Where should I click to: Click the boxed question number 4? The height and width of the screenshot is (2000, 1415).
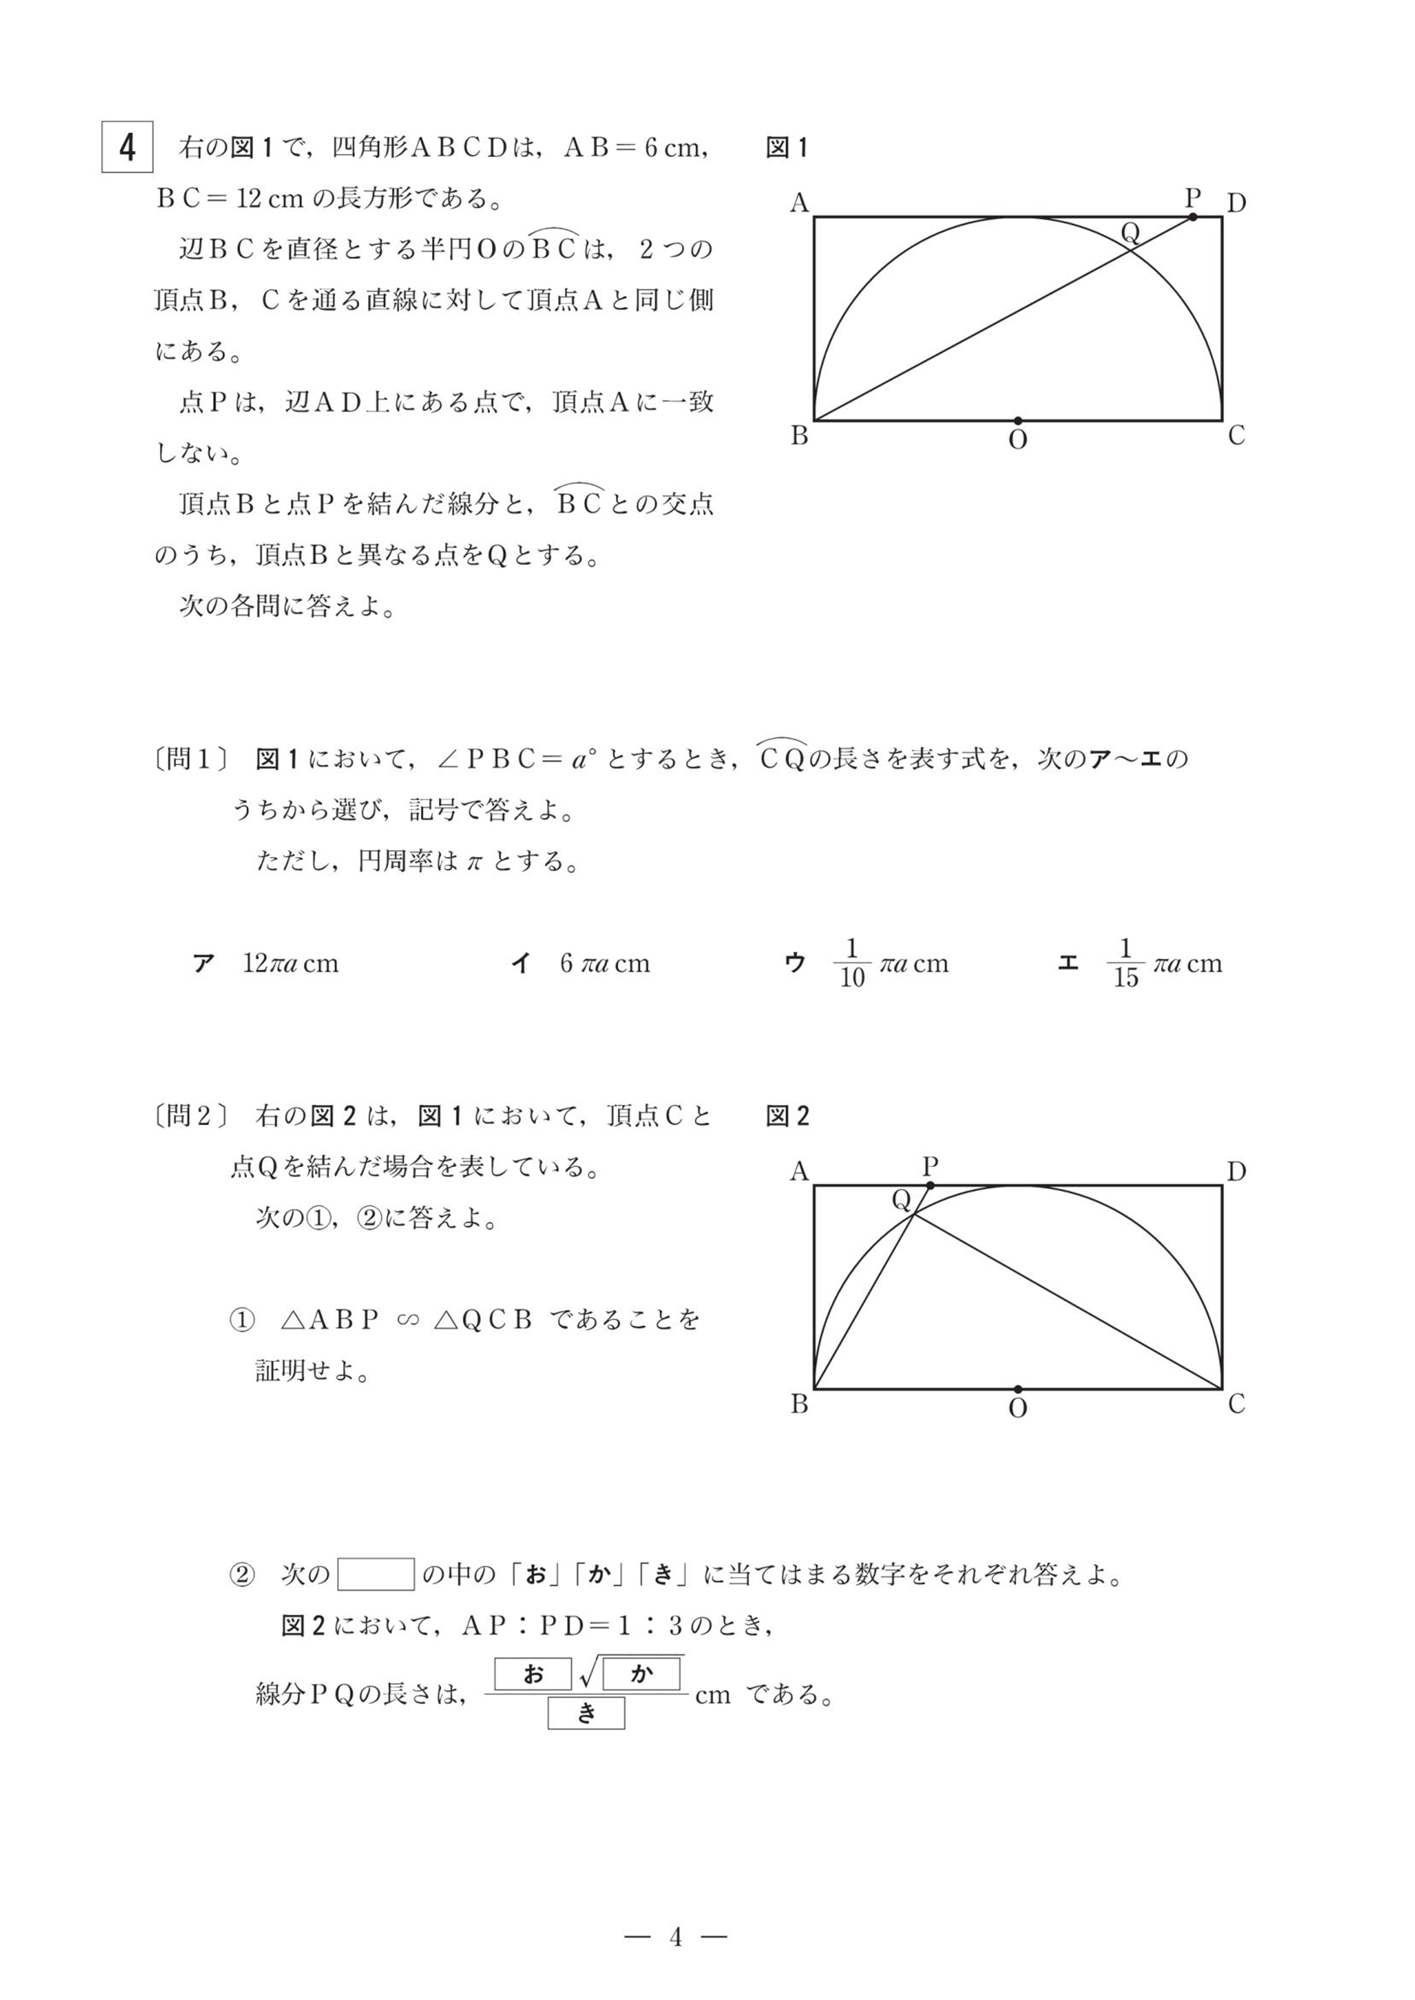[127, 147]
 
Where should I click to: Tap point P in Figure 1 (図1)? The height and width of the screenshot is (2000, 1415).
[1192, 216]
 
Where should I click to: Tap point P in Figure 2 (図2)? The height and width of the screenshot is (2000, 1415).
[931, 1185]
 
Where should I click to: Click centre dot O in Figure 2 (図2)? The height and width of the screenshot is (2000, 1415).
[1017, 1389]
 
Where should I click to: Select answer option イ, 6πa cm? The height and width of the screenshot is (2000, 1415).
[580, 964]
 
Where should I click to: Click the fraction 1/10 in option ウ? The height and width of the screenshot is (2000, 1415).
[852, 964]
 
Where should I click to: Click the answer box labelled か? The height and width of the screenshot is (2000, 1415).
[641, 1673]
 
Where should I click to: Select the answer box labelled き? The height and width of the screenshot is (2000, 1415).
[586, 1713]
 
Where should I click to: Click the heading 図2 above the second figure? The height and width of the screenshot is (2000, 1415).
[787, 1116]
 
